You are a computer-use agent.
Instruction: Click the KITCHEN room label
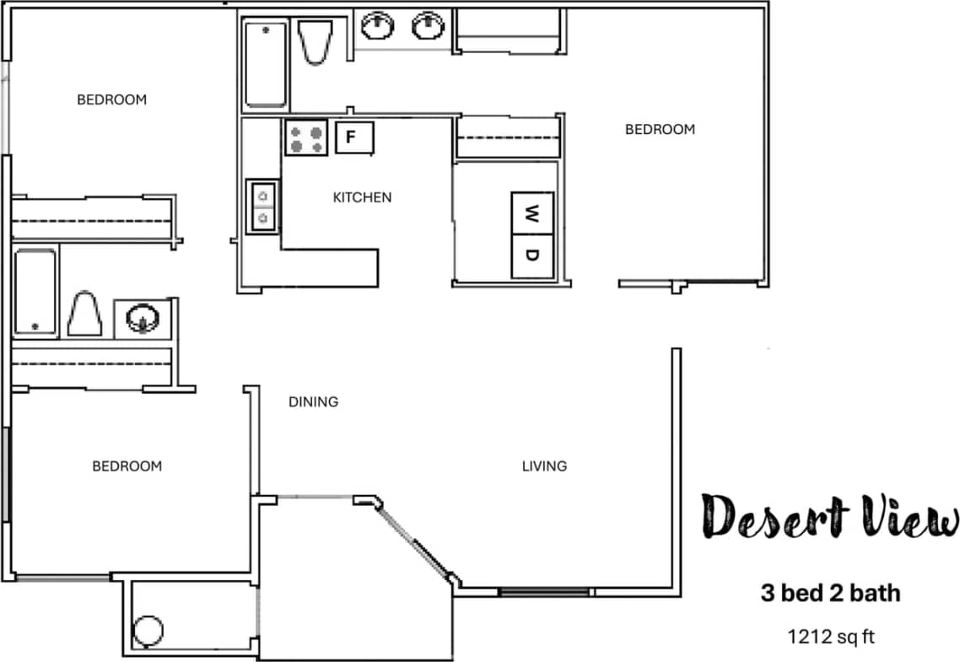coord(362,197)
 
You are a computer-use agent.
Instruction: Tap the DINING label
coord(313,401)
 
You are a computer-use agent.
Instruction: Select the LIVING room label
coord(544,466)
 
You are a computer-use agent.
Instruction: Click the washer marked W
coord(532,213)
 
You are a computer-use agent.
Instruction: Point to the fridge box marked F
coord(354,137)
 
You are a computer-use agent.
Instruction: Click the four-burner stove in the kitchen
coord(305,137)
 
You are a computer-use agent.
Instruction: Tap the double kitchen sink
coord(262,207)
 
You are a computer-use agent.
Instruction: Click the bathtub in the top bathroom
coord(267,65)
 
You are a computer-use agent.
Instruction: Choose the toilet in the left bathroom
coord(84,314)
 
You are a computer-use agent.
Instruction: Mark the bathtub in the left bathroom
coord(35,291)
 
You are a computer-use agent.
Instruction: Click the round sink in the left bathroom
coord(143,319)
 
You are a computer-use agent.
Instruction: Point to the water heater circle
coord(148,630)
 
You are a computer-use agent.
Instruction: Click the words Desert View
coord(830,516)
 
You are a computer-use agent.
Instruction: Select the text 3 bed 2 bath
coord(830,593)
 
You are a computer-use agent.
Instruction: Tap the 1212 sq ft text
coord(830,636)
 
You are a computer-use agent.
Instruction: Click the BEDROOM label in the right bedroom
coord(660,129)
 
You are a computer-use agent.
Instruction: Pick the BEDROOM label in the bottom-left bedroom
coord(127,466)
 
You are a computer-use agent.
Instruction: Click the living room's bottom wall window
coord(543,592)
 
